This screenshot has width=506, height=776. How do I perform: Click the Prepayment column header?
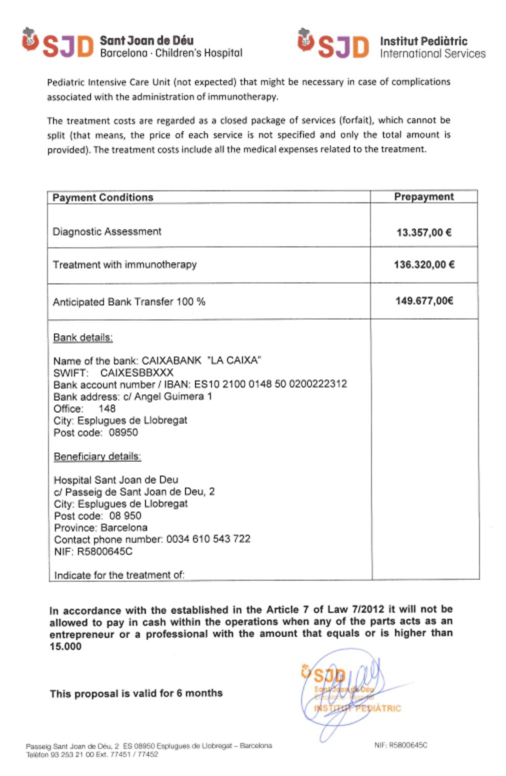coord(424,197)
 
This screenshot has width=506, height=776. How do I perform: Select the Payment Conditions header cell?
coord(103,198)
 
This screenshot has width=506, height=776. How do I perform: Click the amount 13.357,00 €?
coord(424,232)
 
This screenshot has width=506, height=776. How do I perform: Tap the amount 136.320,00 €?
coord(424,264)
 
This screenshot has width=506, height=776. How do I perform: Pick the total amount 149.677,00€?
coord(424,301)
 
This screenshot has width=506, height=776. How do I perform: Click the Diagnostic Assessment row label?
coord(107,231)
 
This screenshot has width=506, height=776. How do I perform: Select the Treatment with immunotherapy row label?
coord(124,264)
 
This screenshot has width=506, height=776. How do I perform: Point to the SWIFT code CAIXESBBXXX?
coord(137,373)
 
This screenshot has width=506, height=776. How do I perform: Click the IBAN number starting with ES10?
coord(270,384)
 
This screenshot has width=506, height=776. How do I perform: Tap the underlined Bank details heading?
coord(83,337)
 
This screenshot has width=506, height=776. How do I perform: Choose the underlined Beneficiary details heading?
coord(97,456)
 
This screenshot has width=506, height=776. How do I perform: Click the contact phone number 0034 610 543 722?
coord(208,539)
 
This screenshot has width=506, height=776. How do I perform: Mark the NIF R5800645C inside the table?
coord(104,551)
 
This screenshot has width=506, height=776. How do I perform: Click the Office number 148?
coord(107,408)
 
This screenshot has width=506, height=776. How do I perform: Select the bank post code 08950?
coord(123,433)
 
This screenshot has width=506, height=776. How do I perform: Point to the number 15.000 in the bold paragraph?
coord(65,646)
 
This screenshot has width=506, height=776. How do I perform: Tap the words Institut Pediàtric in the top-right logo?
coord(424,41)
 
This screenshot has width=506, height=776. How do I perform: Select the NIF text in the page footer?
coord(401,745)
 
